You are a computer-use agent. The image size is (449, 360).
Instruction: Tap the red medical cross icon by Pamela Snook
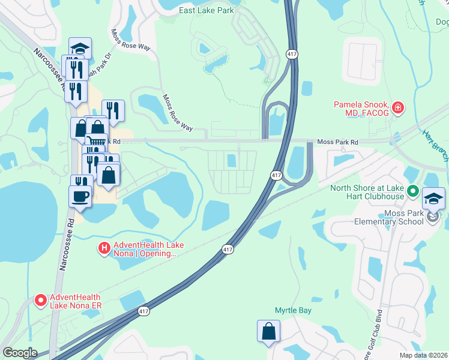[x=397, y=109]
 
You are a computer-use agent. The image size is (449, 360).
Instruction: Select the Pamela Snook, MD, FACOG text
[x=361, y=109]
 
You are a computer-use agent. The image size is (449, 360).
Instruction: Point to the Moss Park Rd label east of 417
[x=337, y=142]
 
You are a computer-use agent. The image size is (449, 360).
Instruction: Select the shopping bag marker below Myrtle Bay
[x=268, y=331]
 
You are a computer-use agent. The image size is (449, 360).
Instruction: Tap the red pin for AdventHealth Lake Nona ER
[x=41, y=299]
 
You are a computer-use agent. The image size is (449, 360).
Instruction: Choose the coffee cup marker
[x=80, y=196]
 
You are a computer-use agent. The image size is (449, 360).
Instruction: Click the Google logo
[x=20, y=353]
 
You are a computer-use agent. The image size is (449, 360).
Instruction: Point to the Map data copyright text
[x=424, y=355]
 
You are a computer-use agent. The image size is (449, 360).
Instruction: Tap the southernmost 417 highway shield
[x=143, y=311]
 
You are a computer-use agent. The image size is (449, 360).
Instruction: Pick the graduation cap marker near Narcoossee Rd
[x=80, y=48]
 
